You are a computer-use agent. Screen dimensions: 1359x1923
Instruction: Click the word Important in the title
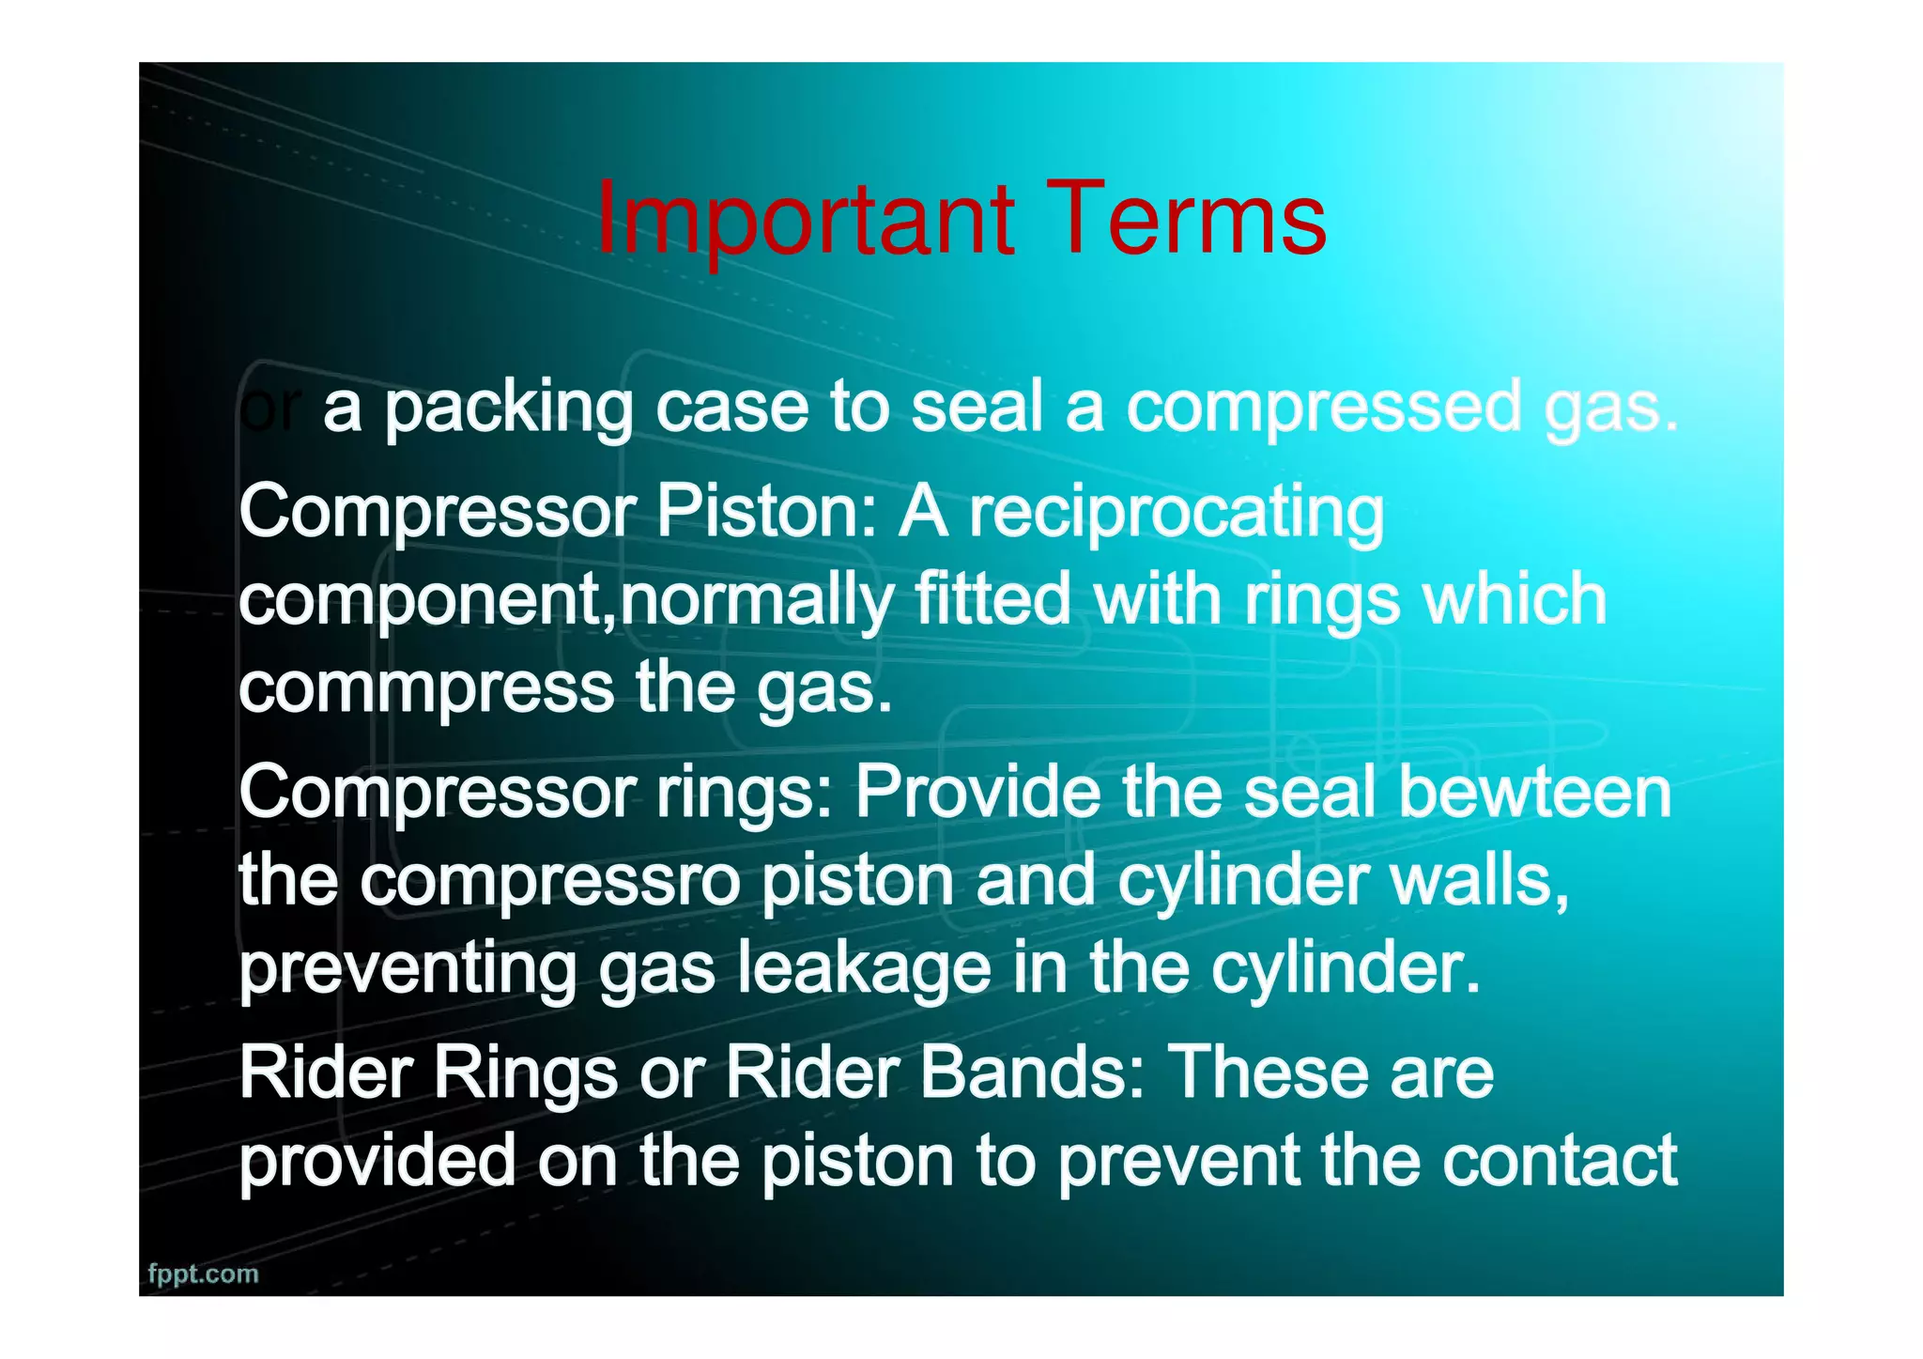tap(805, 220)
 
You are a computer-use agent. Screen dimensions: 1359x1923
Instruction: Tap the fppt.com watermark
tap(203, 1274)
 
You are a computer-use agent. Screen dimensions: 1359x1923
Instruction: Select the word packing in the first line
tap(509, 409)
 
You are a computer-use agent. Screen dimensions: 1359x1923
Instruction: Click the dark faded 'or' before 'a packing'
tap(270, 409)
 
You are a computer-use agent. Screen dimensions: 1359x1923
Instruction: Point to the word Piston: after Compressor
tap(765, 512)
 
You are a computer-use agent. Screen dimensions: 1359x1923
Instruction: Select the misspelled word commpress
tap(426, 689)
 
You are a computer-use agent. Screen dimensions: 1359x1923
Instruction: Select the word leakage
tap(864, 969)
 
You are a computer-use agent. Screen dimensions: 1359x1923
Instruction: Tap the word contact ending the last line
tap(1559, 1161)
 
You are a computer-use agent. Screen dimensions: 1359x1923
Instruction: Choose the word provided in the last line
tap(377, 1161)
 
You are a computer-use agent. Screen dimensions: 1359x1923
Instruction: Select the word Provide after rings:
tap(977, 792)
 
